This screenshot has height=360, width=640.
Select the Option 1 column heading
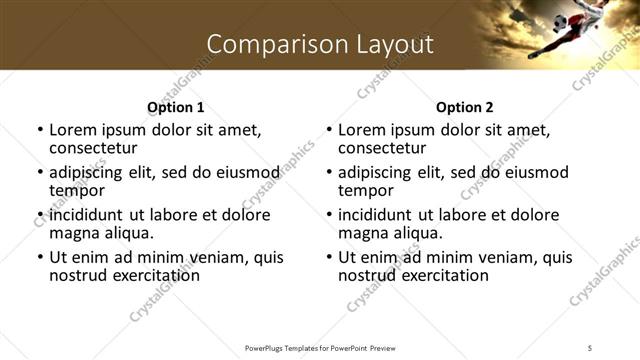click(176, 107)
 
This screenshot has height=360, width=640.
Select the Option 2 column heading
click(465, 107)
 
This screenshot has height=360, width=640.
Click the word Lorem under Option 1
click(74, 130)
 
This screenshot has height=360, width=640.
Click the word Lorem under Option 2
click(363, 130)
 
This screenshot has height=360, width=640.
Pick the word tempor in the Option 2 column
click(366, 189)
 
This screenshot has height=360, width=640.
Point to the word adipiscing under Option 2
click(377, 172)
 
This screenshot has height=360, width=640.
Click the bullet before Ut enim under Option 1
click(39, 257)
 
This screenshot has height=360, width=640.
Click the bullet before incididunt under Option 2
click(328, 215)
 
